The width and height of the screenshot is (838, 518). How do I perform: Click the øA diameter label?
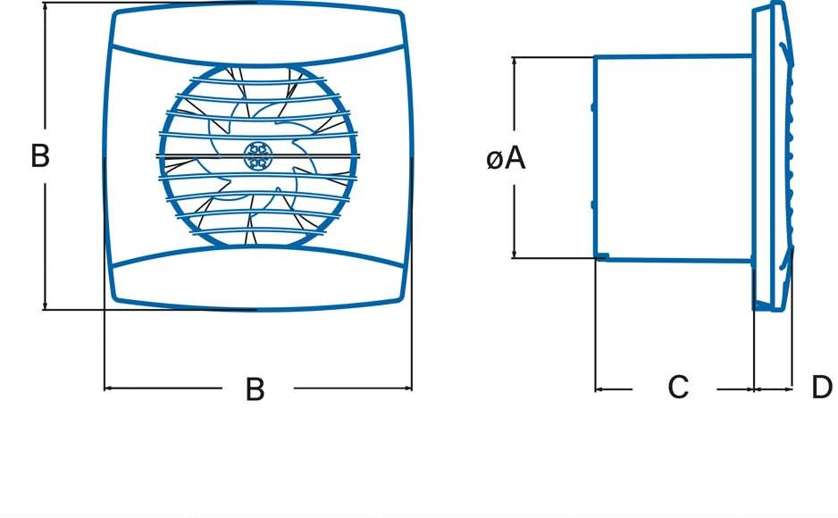(506, 159)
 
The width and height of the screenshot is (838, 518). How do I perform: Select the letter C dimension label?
(678, 388)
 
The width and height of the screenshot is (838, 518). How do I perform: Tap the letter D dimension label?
(822, 388)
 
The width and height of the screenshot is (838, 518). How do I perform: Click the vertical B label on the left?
(39, 155)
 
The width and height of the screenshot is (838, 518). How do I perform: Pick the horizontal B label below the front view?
(256, 389)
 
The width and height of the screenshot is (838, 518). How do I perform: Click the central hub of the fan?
(257, 156)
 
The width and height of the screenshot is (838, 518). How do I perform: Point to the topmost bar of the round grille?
(257, 83)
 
